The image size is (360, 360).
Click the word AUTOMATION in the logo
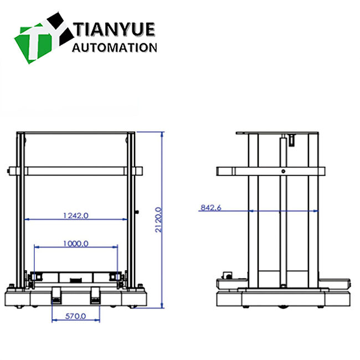(x=115, y=48)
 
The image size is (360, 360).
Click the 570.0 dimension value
(x=75, y=316)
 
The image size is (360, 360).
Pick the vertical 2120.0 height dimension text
(x=158, y=220)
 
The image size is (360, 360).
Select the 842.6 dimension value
(x=210, y=208)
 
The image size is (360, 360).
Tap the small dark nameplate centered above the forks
(x=75, y=279)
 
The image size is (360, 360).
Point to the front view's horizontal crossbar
(x=75, y=171)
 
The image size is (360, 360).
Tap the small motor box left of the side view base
(x=227, y=275)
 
